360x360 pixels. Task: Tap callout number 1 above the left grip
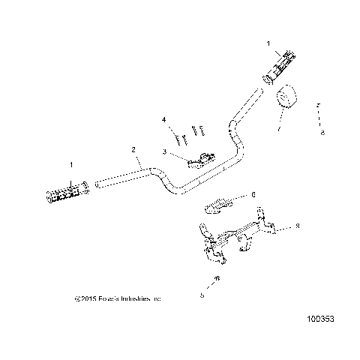72,163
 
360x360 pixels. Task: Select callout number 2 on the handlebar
134,150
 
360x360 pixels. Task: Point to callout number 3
163,151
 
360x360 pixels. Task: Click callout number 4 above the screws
163,120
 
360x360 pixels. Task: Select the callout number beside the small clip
253,194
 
